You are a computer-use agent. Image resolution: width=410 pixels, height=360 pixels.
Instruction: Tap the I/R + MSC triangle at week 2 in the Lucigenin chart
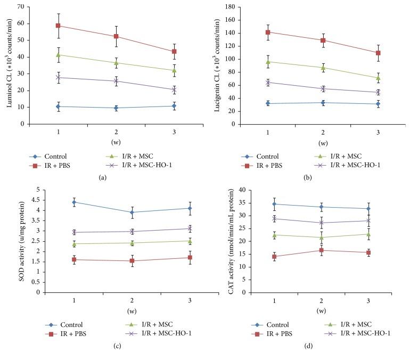click(x=323, y=68)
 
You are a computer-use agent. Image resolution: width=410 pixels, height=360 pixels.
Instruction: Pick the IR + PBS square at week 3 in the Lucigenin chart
click(x=378, y=53)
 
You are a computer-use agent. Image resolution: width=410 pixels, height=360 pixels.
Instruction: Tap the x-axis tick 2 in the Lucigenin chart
click(x=323, y=132)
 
